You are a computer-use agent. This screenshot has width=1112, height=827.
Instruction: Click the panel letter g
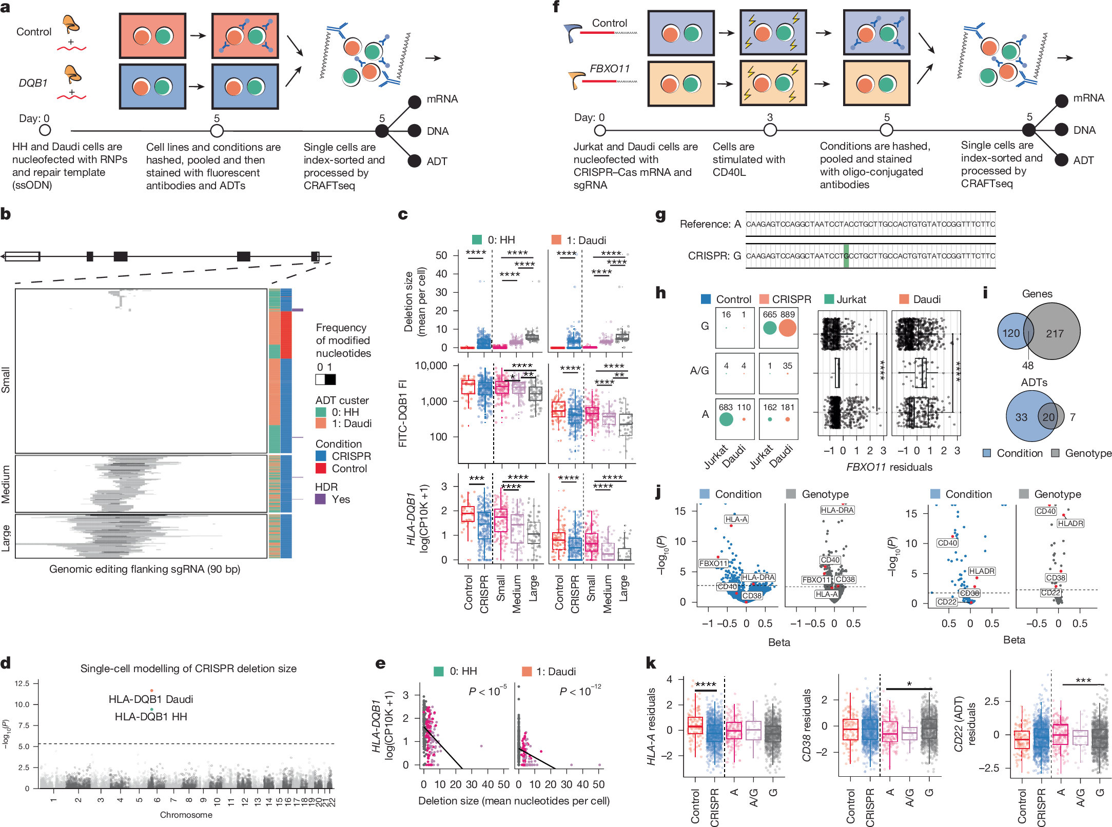click(x=660, y=215)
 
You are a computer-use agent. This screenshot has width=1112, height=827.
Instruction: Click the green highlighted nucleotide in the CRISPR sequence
click(x=846, y=256)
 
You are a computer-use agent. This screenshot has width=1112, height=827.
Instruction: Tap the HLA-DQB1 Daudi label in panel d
click(x=151, y=699)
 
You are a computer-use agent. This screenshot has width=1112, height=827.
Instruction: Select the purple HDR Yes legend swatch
click(x=320, y=499)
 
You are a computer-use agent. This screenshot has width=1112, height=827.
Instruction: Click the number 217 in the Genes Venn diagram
click(x=1055, y=334)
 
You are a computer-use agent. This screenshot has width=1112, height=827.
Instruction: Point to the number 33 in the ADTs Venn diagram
click(x=1021, y=417)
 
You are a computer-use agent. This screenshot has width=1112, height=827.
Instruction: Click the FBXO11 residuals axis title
click(x=889, y=467)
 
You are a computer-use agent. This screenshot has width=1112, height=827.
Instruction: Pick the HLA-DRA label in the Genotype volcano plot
click(x=837, y=510)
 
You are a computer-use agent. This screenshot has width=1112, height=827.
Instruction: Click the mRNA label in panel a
click(x=442, y=99)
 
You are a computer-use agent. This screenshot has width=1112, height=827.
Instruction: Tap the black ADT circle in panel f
click(x=1062, y=160)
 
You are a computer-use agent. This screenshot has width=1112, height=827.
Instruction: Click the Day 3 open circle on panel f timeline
click(x=770, y=130)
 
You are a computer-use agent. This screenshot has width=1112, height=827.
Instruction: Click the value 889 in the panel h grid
click(x=787, y=315)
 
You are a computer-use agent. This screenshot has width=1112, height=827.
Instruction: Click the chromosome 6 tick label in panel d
click(x=157, y=800)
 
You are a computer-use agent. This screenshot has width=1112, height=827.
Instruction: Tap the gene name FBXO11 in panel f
click(x=609, y=69)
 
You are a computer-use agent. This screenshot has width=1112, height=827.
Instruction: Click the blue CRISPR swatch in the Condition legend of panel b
click(x=321, y=456)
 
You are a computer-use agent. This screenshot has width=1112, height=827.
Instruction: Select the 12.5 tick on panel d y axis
click(x=22, y=683)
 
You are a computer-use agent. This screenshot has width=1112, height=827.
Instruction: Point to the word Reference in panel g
click(x=704, y=224)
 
